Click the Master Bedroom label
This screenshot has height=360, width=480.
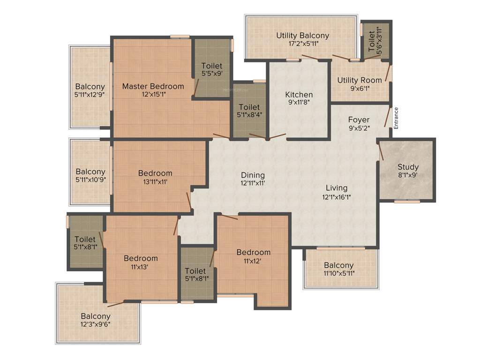[153, 86]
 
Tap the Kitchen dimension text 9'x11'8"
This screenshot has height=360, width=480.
[299, 103]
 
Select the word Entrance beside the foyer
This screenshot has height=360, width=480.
[396, 118]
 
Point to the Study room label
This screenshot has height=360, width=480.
[407, 167]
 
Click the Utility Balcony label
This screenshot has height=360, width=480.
[302, 35]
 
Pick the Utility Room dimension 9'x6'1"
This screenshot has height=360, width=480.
[360, 89]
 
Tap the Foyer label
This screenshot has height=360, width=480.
[359, 120]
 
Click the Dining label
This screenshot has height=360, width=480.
[253, 175]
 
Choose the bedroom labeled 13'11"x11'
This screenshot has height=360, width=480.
[155, 177]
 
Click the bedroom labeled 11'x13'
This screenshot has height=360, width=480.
[141, 262]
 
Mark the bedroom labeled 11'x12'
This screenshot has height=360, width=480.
[253, 256]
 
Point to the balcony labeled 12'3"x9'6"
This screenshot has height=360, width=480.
[96, 320]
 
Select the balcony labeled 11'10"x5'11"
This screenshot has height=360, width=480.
[338, 269]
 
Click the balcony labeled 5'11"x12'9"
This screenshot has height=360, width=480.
[90, 90]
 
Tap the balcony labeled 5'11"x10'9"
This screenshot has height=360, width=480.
[90, 175]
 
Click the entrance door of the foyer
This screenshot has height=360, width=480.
[388, 117]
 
